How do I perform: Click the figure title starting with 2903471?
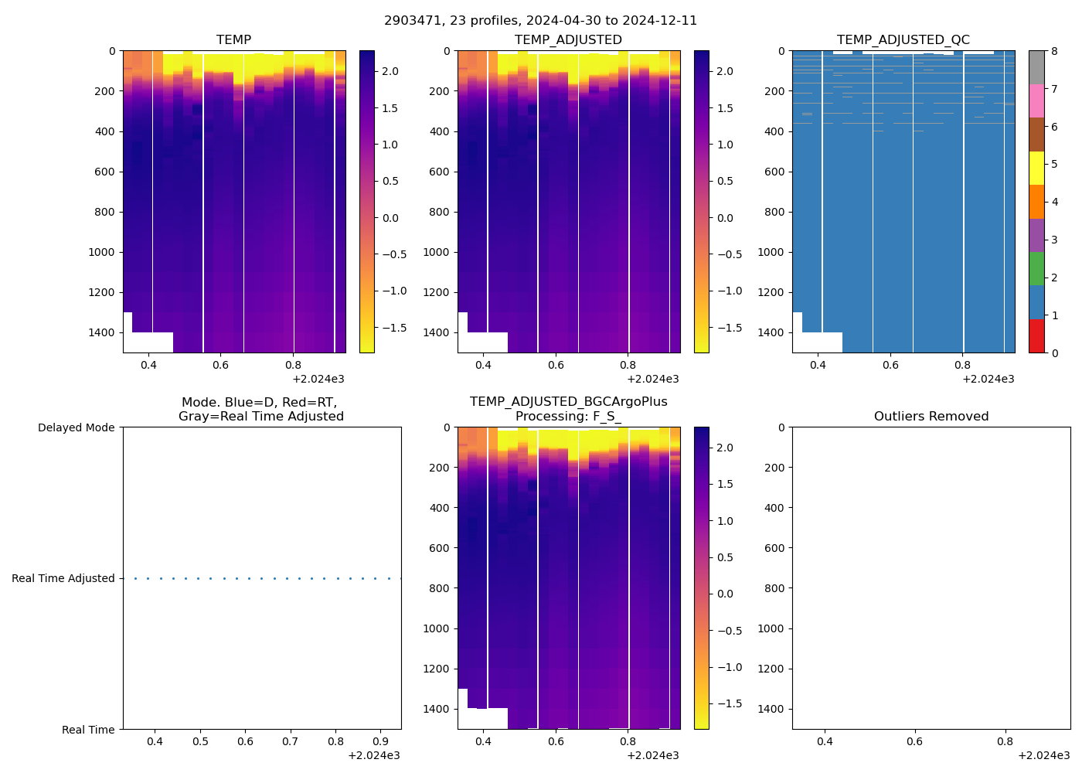pyautogui.click(x=540, y=21)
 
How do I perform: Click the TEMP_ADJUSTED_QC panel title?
pyautogui.click(x=903, y=40)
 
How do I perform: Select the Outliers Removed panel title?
pyautogui.click(x=931, y=417)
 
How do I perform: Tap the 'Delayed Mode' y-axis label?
pyautogui.click(x=76, y=427)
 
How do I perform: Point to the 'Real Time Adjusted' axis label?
pyautogui.click(x=63, y=578)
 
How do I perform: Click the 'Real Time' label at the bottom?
pyautogui.click(x=88, y=730)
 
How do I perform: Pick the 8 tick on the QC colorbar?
pyautogui.click(x=1053, y=51)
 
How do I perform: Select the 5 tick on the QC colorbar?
pyautogui.click(x=1053, y=164)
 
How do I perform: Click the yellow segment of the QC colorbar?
pyautogui.click(x=1036, y=168)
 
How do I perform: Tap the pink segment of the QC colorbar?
pyautogui.click(x=1036, y=100)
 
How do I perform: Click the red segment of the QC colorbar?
pyautogui.click(x=1036, y=336)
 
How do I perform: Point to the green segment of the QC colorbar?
pyautogui.click(x=1036, y=268)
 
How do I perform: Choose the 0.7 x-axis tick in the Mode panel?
pyautogui.click(x=290, y=742)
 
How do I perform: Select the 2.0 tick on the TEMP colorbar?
pyautogui.click(x=390, y=71)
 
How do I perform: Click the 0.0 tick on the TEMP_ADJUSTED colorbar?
pyautogui.click(x=725, y=218)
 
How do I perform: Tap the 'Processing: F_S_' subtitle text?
pyautogui.click(x=568, y=417)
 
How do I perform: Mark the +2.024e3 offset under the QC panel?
pyautogui.click(x=988, y=379)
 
